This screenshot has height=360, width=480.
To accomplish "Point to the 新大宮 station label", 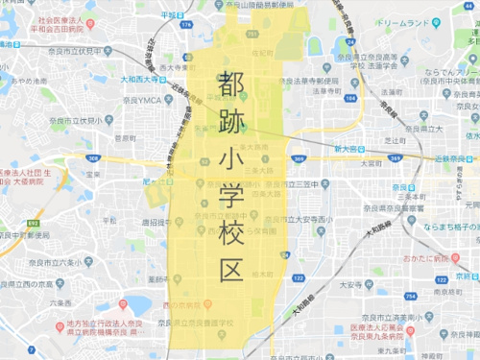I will [350, 149].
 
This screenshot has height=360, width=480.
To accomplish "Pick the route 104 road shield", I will [350, 97].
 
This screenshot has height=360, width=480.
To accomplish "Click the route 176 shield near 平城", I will [188, 24].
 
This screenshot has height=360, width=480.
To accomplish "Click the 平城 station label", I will [171, 14].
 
